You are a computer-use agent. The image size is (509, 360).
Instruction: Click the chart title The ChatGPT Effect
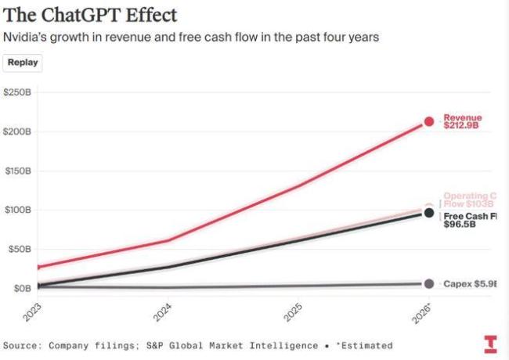90,15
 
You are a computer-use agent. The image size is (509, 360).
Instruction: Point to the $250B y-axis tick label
16,92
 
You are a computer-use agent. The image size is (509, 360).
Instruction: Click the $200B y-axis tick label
16,131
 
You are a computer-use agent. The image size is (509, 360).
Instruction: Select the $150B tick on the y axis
16,171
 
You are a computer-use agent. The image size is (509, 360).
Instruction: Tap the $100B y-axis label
16,210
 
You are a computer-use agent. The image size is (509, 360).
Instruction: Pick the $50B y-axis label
18,249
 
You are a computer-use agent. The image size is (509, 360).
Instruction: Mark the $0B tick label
20,288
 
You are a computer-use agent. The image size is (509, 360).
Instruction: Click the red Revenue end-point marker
429,121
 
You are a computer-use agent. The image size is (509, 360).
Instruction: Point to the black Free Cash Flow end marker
429,213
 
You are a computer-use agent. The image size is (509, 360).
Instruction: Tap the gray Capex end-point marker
429,283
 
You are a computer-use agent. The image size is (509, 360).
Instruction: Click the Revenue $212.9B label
463,121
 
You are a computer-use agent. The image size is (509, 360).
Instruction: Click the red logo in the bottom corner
490,344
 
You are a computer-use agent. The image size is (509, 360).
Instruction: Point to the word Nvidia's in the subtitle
25,38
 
